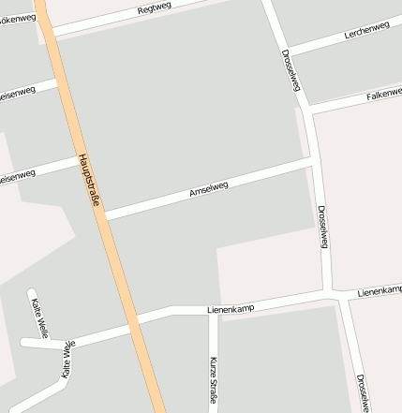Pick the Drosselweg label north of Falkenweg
click(290, 70)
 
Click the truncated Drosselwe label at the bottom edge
click(362, 394)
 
